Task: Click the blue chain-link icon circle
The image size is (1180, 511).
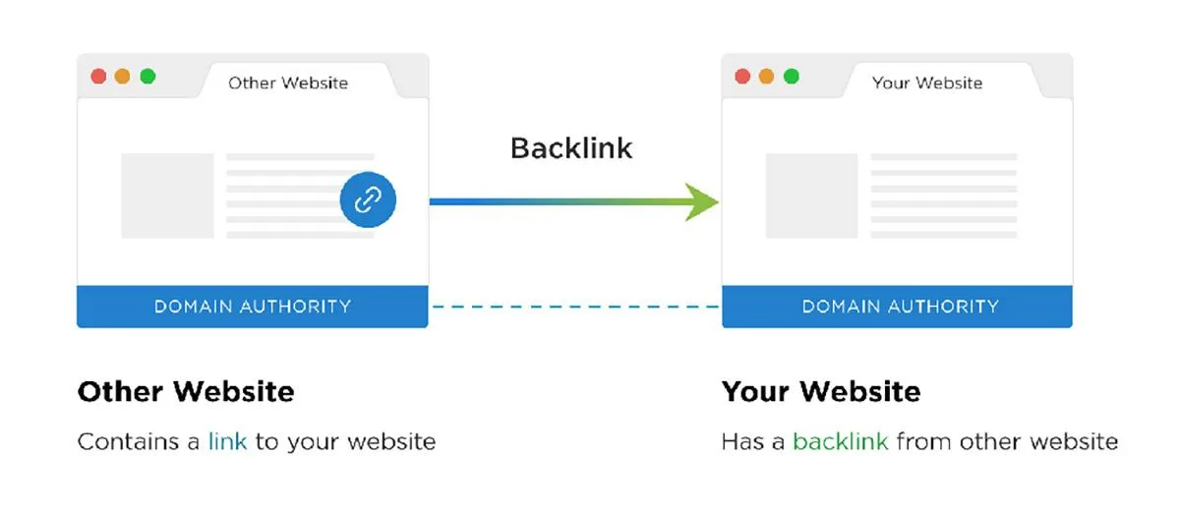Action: point(368,200)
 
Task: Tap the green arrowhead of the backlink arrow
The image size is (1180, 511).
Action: point(704,201)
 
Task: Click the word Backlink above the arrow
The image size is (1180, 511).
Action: point(571,148)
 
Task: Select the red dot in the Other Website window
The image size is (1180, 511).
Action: point(98,76)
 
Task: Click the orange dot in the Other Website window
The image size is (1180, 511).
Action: point(123,76)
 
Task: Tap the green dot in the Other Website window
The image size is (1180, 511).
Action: point(147,76)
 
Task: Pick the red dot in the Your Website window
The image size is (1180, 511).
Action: point(742,76)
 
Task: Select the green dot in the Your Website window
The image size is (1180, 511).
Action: point(792,76)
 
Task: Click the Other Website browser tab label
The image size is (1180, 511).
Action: point(288,83)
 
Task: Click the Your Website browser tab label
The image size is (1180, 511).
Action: point(927,83)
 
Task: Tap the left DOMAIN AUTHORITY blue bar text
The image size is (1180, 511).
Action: point(253,307)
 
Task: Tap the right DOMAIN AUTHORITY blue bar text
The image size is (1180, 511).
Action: point(900,307)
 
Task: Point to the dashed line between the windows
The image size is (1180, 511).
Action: point(574,307)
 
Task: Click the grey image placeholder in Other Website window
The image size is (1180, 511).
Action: point(167,196)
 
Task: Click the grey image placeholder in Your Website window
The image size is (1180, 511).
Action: point(811,196)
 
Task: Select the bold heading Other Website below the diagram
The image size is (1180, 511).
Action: point(186,392)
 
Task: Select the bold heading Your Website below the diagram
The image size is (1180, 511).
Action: point(821,392)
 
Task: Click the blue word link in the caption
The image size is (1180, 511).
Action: point(228,441)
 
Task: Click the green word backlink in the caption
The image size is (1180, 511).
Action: point(840,441)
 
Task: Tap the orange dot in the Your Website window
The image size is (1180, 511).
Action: point(767,76)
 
